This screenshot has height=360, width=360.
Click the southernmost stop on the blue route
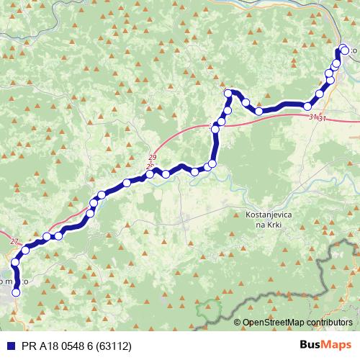tap(16, 292)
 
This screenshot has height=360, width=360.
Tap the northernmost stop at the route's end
tap(343, 49)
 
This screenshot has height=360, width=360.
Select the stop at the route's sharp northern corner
tap(228, 93)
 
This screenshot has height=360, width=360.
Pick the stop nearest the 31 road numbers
tap(307, 107)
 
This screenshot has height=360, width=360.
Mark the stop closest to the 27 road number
tap(25, 250)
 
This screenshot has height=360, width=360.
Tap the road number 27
tap(15, 243)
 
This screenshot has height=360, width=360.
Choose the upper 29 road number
tap(152, 158)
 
